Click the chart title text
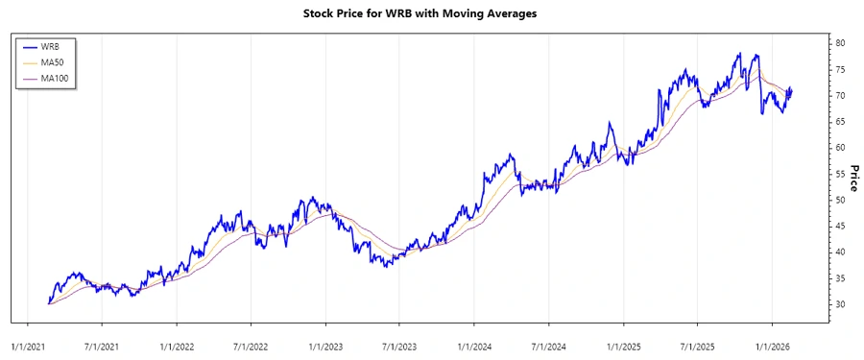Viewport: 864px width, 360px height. coord(432,14)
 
